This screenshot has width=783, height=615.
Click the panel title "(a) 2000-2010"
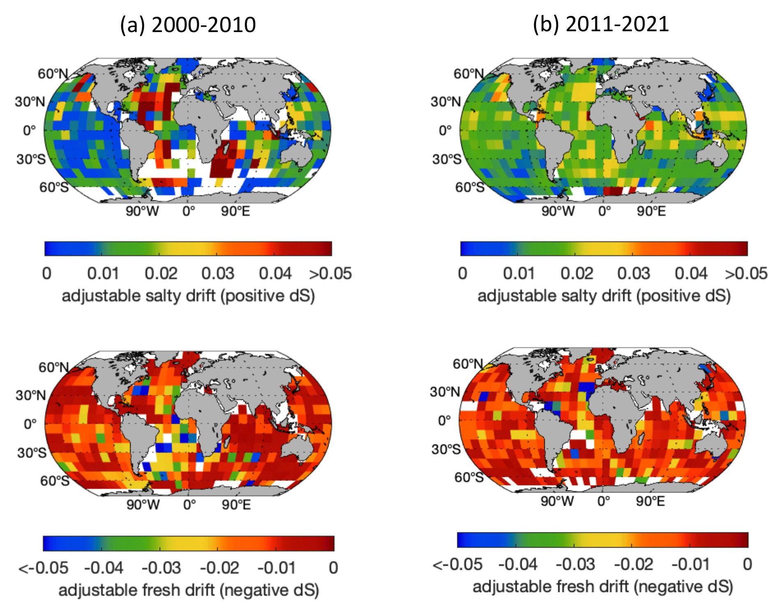[188, 25]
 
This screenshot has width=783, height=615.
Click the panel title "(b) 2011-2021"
[601, 24]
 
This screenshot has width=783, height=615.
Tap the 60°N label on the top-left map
[53, 74]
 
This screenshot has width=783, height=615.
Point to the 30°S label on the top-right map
[447, 159]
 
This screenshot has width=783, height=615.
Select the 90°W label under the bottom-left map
[143, 504]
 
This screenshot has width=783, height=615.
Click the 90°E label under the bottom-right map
[650, 501]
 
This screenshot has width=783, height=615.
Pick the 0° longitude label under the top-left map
[189, 211]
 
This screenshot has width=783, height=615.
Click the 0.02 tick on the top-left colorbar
[161, 273]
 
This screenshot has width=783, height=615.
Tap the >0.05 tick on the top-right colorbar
[746, 273]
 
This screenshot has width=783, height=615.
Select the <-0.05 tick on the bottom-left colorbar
[44, 568]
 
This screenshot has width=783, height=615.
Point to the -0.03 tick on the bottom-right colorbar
[575, 564]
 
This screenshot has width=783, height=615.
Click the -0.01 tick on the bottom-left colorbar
[276, 568]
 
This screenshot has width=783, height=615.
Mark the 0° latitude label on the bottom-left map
[30, 423]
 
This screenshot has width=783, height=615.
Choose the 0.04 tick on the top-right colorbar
[691, 273]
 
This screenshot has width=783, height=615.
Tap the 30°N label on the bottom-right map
[445, 392]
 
